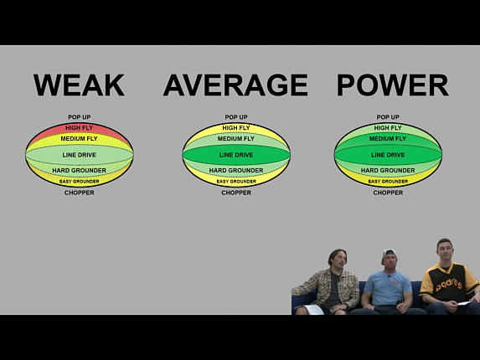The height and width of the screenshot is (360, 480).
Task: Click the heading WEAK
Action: coord(79,85)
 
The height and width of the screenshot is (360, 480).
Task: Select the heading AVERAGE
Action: coord(235,85)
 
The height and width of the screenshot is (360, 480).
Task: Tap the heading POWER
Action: coord(393,85)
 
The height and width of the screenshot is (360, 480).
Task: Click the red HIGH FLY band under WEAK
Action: coord(80,128)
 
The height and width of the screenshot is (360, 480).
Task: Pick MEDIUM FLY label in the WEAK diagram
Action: coord(79,139)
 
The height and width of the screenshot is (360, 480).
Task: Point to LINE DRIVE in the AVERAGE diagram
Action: coord(236,155)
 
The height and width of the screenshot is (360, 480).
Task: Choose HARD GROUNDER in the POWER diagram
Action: coord(388,170)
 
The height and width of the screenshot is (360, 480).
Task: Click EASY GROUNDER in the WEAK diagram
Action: coord(80,182)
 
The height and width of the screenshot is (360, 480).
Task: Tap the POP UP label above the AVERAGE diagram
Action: coord(236,117)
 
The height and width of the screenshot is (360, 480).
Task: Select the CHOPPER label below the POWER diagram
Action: coord(388,193)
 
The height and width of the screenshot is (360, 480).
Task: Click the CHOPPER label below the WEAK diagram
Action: coord(80,193)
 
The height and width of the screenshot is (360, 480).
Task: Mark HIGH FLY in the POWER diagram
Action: coord(388,128)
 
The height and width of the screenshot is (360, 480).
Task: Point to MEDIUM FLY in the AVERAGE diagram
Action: coord(236,139)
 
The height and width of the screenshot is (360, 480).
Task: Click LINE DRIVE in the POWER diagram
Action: coord(388,155)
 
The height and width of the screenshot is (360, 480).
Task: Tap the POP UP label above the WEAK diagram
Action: coord(80,117)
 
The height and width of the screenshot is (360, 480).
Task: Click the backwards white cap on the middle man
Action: coord(388,255)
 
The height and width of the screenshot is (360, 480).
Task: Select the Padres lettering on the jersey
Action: coord(449,285)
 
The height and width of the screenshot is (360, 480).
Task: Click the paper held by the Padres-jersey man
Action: coord(463,303)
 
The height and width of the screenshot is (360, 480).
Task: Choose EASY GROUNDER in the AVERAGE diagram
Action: coord(236,182)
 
